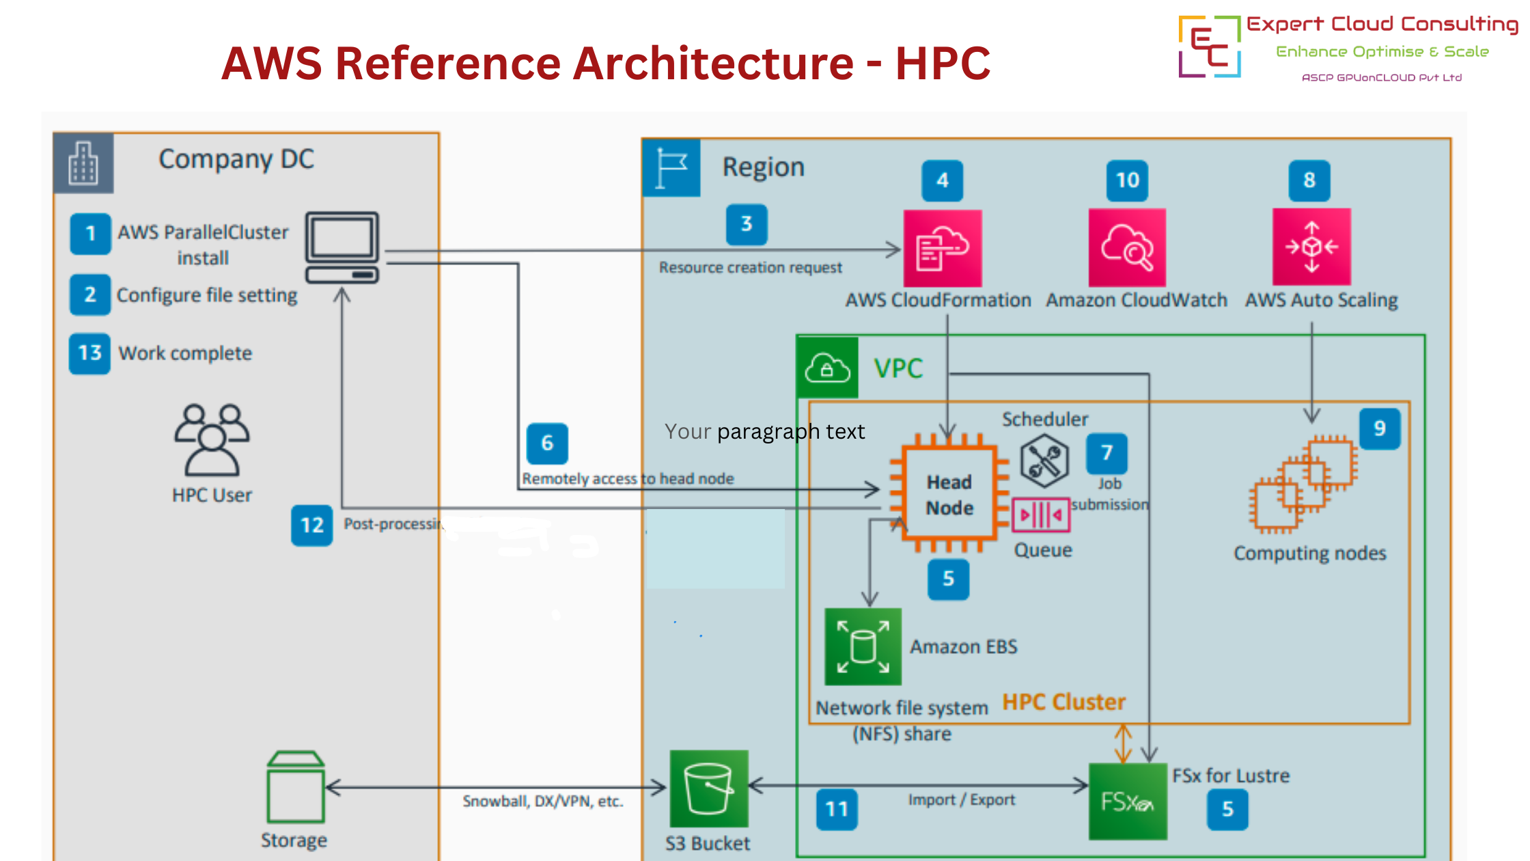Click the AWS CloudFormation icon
[x=942, y=248]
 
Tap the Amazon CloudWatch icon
[x=1127, y=247]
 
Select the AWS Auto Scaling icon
[x=1311, y=247]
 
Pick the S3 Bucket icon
[x=709, y=789]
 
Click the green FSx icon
[x=1128, y=801]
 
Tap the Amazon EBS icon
[x=863, y=646]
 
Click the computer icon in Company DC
[x=342, y=247]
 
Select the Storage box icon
[x=296, y=787]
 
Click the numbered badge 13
[x=89, y=353]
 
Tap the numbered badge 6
[x=547, y=443]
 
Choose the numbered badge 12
[x=312, y=525]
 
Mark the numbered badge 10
[x=1128, y=180]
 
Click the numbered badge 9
[x=1380, y=428]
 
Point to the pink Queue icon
[x=1040, y=515]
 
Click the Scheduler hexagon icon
[x=1044, y=462]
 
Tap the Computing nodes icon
[x=1303, y=484]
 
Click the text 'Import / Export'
[x=961, y=799]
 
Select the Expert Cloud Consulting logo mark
[x=1210, y=46]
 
